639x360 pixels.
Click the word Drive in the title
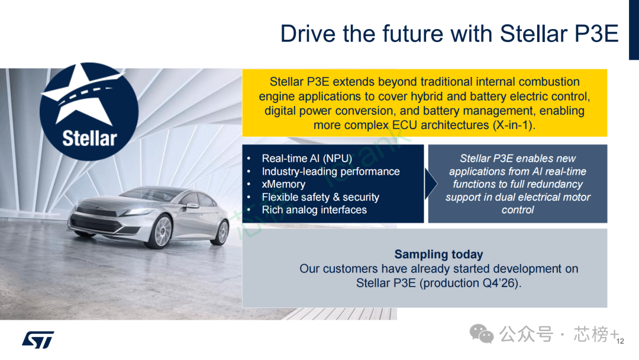tap(308, 33)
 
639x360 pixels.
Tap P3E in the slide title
tap(596, 33)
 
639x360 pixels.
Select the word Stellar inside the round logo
tap(90, 138)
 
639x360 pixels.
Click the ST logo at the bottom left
tap(38, 340)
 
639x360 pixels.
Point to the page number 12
tap(620, 341)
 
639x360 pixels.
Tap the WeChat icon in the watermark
tap(481, 333)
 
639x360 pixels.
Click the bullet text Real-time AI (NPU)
tap(307, 159)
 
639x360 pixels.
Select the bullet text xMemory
tap(283, 184)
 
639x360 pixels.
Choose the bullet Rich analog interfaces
tap(314, 210)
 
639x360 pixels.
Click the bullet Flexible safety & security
tap(320, 197)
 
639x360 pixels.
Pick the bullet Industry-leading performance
tap(331, 172)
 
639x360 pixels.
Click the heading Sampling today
tap(438, 255)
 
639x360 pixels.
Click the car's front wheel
tap(162, 232)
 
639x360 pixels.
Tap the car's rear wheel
tap(222, 232)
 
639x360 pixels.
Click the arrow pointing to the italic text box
tap(430, 184)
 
